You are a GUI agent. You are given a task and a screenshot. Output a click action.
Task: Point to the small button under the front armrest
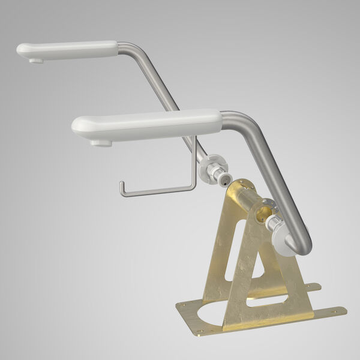100,142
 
